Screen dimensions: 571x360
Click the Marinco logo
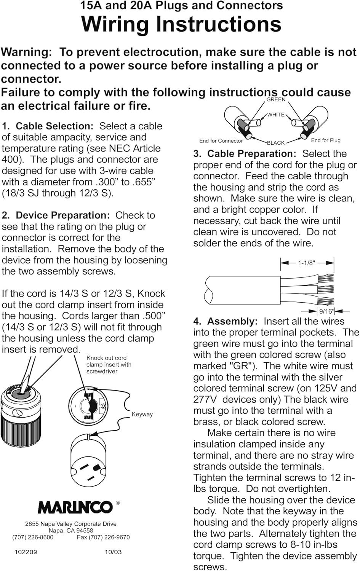(75, 507)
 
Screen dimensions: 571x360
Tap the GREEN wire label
(276, 99)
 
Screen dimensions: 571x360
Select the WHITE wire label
(276, 115)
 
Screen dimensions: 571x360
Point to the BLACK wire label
(276, 143)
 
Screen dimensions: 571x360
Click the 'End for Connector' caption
(221, 141)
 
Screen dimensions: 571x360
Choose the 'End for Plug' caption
(326, 140)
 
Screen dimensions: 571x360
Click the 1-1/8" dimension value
(306, 263)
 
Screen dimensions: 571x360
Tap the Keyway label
(142, 414)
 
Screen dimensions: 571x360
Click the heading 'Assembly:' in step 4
(232, 321)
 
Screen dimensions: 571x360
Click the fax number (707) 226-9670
(103, 538)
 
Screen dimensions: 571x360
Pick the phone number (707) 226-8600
(33, 538)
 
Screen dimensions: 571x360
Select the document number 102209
(26, 552)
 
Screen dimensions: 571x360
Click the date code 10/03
(113, 552)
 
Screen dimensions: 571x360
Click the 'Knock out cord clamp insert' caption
(109, 365)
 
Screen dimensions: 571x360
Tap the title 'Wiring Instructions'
(181, 24)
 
